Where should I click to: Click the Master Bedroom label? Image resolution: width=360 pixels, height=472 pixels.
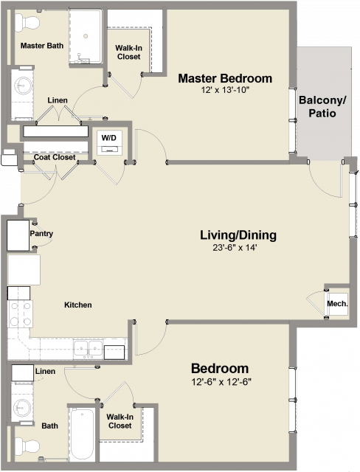tap(225, 78)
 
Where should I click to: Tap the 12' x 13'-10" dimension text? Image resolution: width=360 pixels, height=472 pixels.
tap(225, 90)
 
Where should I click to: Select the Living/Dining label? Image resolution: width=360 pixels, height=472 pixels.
tap(238, 235)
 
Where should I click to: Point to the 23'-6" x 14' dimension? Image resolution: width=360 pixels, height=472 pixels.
tap(235, 248)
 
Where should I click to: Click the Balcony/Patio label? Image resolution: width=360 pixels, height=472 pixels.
tap(322, 106)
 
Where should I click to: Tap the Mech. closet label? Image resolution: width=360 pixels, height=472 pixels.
tap(337, 304)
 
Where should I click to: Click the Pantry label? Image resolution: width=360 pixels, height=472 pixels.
tap(41, 234)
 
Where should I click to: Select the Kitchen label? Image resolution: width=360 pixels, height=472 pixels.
tap(78, 305)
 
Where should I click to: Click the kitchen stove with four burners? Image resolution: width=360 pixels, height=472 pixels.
tap(20, 314)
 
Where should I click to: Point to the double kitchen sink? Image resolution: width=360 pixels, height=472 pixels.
tap(89, 349)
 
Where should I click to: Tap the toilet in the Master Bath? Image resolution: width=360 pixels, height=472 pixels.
tap(27, 23)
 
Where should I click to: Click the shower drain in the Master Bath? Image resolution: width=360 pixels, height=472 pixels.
tap(86, 36)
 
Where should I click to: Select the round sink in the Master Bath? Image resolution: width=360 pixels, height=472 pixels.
tap(23, 86)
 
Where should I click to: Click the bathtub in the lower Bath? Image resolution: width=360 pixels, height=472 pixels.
tap(82, 434)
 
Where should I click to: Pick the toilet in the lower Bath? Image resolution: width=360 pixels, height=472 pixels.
tap(27, 445)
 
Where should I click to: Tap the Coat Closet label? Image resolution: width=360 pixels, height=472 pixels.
tap(55, 157)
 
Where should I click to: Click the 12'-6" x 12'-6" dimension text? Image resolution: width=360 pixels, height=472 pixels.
tap(221, 382)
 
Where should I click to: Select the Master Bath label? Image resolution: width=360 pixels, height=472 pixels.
tap(42, 46)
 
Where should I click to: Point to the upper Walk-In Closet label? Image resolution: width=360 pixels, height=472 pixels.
tap(129, 52)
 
